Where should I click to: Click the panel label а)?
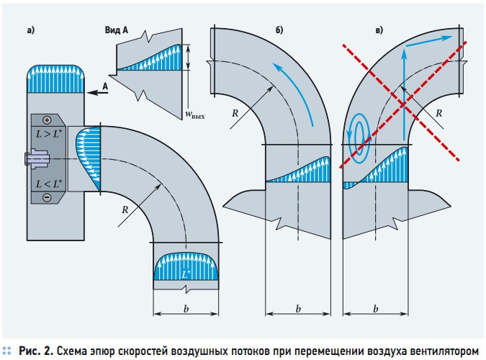pyautogui.click(x=31, y=30)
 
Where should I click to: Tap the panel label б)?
pyautogui.click(x=279, y=30)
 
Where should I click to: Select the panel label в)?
pyautogui.click(x=379, y=30)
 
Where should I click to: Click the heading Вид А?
pyautogui.click(x=116, y=30)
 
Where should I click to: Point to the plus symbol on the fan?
pyautogui.click(x=47, y=120)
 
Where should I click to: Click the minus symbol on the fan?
pyautogui.click(x=47, y=197)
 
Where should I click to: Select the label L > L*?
pyautogui.click(x=49, y=134)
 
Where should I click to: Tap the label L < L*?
pyautogui.click(x=49, y=184)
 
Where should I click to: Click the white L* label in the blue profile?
pyautogui.click(x=186, y=274)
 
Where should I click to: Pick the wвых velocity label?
pyautogui.click(x=195, y=114)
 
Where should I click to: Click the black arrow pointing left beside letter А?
pyautogui.click(x=97, y=92)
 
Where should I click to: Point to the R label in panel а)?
pyautogui.click(x=125, y=210)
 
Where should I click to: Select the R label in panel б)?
pyautogui.click(x=235, y=113)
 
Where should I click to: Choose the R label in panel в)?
pyautogui.click(x=438, y=113)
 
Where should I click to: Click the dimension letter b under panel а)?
pyautogui.click(x=186, y=309)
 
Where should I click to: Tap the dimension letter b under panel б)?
pyautogui.click(x=298, y=309)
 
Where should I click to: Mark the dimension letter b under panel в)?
pyautogui.click(x=376, y=309)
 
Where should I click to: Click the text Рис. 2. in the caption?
pyautogui.click(x=36, y=351)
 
